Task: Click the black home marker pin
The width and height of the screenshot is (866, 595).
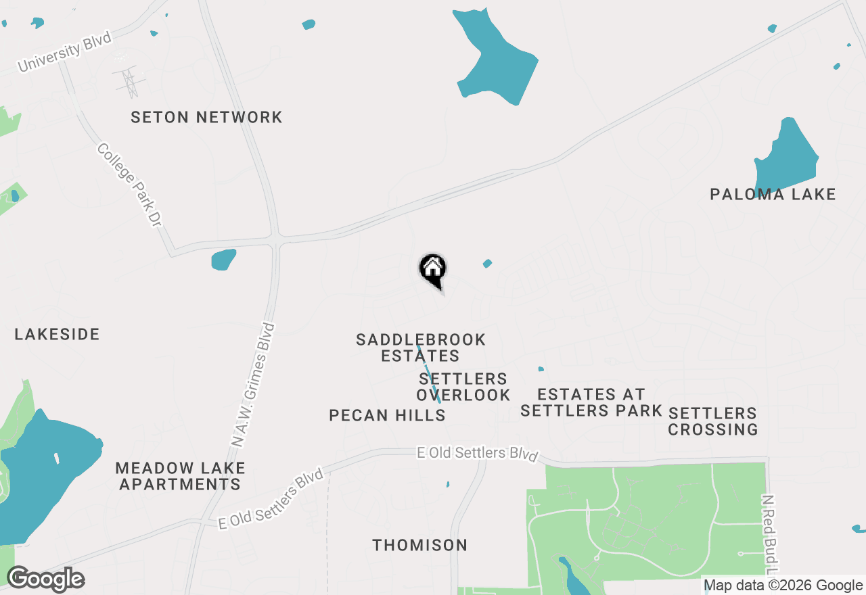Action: tap(433, 269)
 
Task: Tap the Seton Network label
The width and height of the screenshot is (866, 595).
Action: tap(206, 117)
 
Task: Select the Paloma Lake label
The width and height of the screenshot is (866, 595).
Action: tap(773, 195)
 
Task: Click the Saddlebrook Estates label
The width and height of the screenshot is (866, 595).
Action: tap(421, 348)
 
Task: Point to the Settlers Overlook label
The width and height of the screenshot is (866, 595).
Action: tap(463, 387)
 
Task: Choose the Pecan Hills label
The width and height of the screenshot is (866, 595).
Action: tap(387, 415)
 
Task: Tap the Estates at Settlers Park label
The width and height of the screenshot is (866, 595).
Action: tap(591, 402)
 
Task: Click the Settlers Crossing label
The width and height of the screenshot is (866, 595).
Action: tap(712, 421)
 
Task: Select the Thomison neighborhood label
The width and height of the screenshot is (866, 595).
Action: tap(419, 545)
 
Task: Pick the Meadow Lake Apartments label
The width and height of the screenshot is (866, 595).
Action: tap(180, 476)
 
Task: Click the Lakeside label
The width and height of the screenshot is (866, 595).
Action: tap(57, 334)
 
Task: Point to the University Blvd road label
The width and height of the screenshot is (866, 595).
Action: tap(64, 54)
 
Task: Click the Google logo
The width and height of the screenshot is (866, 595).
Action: tap(45, 579)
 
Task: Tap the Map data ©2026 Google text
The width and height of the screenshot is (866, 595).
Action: tap(783, 586)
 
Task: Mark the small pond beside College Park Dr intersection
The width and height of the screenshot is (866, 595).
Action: tap(224, 259)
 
